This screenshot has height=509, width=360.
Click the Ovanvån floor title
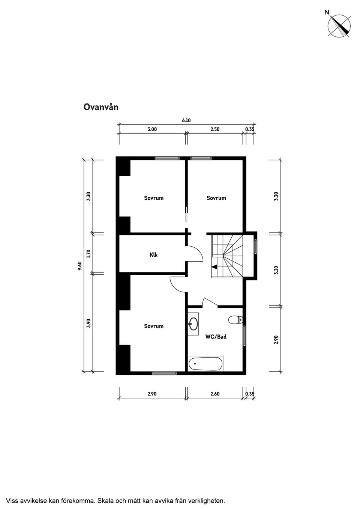101,107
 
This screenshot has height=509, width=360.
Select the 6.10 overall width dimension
186,120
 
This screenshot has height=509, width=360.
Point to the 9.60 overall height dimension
79,266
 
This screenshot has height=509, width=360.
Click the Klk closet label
154,255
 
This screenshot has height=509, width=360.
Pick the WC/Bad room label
216,337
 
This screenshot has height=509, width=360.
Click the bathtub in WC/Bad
205,364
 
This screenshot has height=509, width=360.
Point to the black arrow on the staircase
214,267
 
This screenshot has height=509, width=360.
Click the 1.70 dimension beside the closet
88,254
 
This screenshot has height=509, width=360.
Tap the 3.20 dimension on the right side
276,270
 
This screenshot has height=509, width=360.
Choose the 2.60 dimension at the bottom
215,394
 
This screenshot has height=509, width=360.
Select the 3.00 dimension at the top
152,129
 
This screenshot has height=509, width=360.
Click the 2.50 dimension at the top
215,129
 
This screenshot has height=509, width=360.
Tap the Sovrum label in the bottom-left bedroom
154,326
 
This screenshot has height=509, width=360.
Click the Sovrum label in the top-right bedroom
216,198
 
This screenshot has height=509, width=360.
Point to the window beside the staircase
256,246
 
